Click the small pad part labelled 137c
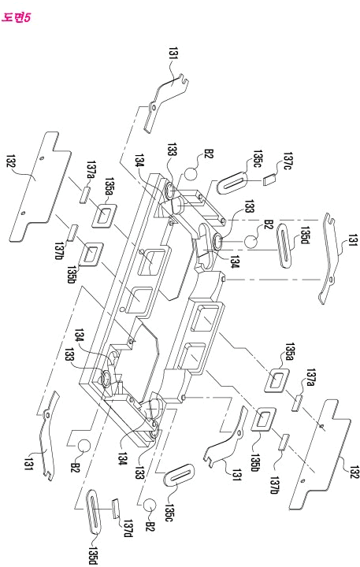269,179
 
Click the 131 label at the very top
173,53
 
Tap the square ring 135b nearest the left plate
92,253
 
